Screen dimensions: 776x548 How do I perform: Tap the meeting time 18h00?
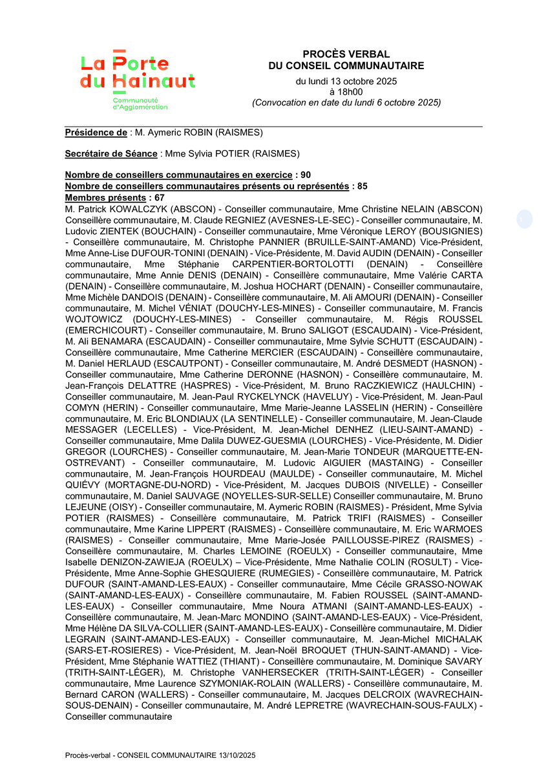[x=346, y=92]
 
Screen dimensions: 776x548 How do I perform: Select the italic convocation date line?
[x=346, y=102]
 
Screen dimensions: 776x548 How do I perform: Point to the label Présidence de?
[x=96, y=133]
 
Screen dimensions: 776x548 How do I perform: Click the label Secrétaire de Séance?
[x=111, y=154]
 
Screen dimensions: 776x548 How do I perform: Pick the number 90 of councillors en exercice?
[x=306, y=175]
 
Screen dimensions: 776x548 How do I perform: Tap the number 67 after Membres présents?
[x=160, y=197]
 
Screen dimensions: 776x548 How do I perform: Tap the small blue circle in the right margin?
[x=525, y=219]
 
